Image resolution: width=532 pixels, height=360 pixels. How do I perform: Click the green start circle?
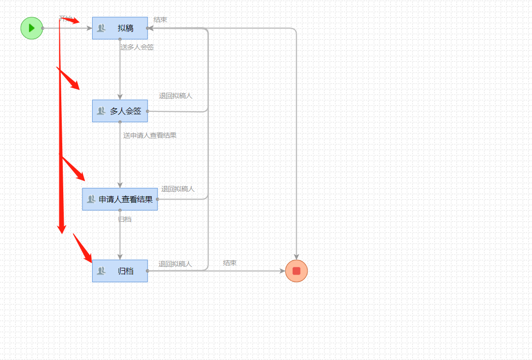32,28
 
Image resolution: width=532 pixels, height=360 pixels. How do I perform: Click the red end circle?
296,271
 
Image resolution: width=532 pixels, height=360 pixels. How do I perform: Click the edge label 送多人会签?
137,47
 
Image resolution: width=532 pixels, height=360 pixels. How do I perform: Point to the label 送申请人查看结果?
150,135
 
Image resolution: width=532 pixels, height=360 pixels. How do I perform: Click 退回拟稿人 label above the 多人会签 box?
176,96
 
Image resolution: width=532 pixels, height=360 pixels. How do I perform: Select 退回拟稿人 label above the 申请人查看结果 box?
178,189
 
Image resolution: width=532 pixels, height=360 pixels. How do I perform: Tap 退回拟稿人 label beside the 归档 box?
175,264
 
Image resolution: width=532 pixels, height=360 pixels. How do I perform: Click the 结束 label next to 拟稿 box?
160,20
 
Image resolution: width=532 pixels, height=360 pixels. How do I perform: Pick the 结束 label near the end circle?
230,263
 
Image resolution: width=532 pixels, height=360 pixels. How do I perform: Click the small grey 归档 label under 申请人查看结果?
125,219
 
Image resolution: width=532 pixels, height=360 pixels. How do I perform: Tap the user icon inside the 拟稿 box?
101,28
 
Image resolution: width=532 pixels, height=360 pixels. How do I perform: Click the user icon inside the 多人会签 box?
101,111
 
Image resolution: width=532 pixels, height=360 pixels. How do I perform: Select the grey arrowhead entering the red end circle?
296,257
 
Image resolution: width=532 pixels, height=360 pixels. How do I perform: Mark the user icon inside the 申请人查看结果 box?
91,199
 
